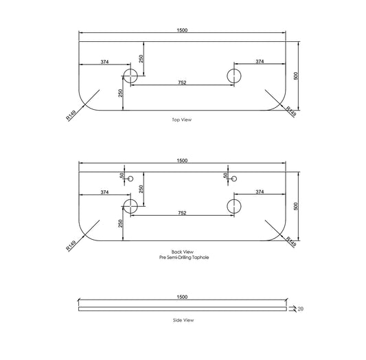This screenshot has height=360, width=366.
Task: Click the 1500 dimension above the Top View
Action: pyautogui.click(x=182, y=30)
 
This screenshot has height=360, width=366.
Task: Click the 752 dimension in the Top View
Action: pyautogui.click(x=182, y=82)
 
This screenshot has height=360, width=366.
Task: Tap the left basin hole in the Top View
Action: pyautogui.click(x=130, y=76)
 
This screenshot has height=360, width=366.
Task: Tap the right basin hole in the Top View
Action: pyautogui.click(x=234, y=76)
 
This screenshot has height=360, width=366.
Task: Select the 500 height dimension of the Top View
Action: pyautogui.click(x=296, y=76)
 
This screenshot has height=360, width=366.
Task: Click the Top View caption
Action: pyautogui.click(x=181, y=120)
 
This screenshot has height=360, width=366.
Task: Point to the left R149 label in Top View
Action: pyautogui.click(x=71, y=115)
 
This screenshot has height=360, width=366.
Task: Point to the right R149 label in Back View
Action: pyautogui.click(x=291, y=242)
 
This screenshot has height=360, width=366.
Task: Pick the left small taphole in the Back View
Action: pyautogui.click(x=130, y=179)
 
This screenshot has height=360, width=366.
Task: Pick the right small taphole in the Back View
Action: pyautogui.click(x=234, y=179)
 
